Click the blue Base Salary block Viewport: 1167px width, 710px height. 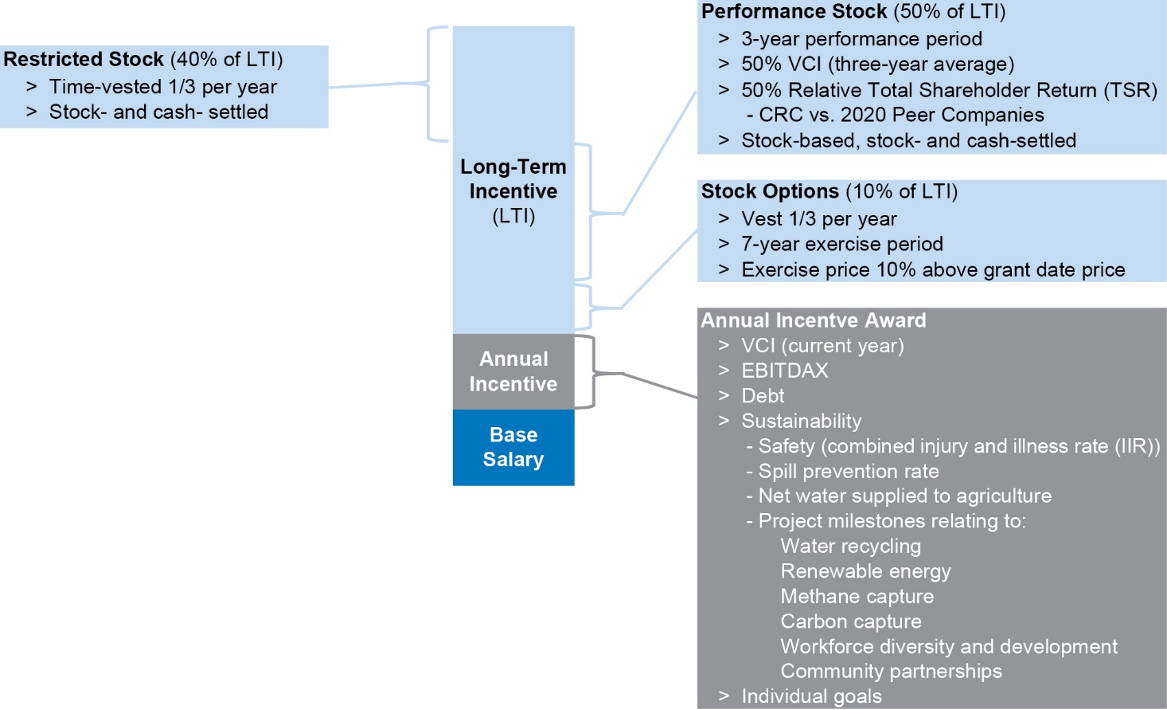click(513, 447)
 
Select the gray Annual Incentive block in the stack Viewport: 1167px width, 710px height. click(513, 371)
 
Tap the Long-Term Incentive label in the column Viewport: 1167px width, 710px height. click(513, 191)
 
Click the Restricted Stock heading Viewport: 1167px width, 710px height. click(84, 59)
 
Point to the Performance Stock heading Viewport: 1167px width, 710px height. click(794, 11)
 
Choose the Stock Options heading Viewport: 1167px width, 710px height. click(770, 191)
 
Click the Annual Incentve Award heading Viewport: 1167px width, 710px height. click(814, 320)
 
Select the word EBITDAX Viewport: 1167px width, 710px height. click(785, 371)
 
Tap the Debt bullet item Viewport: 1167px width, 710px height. click(763, 395)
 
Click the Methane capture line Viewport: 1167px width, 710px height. click(857, 596)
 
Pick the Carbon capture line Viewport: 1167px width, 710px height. click(851, 621)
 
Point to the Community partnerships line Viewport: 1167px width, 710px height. click(891, 671)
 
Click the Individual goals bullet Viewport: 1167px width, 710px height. click(812, 696)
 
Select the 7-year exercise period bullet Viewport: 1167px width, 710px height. click(842, 244)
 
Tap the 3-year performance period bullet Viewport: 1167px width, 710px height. click(861, 38)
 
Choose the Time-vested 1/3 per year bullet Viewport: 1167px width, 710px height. click(163, 87)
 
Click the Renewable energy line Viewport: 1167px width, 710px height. click(865, 571)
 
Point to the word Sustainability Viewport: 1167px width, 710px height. click(802, 421)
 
